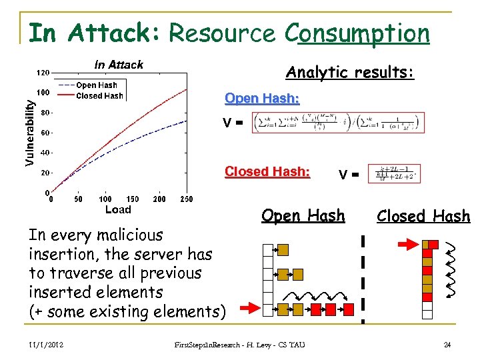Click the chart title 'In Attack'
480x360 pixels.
click(119, 65)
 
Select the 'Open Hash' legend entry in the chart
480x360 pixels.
click(96, 85)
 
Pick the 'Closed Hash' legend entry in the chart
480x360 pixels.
click(99, 96)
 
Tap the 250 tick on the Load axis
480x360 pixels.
click(187, 199)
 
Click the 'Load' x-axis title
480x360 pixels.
click(119, 209)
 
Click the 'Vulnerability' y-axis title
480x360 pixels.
click(29, 129)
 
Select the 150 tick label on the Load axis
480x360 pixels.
click(133, 199)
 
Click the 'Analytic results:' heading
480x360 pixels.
click(349, 72)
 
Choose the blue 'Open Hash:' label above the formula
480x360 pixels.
click(262, 99)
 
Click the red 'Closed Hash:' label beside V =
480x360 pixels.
click(267, 171)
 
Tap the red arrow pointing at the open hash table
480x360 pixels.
click(249, 308)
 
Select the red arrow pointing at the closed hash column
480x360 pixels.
click(406, 245)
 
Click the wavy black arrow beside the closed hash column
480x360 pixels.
click(452, 268)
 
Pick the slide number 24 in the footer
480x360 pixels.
click(446, 345)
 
